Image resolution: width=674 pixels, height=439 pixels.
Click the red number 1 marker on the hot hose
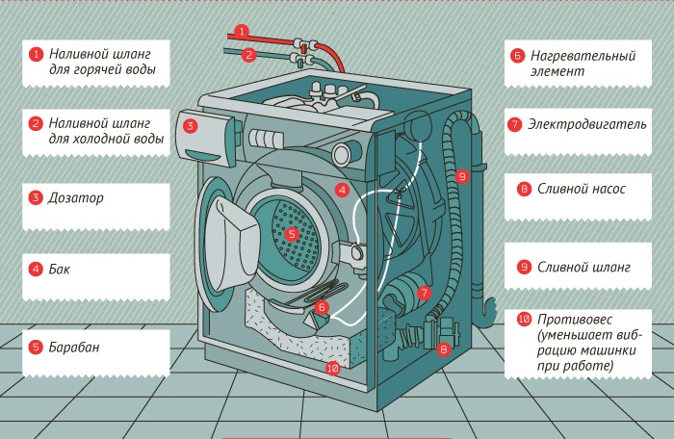[x=242, y=31]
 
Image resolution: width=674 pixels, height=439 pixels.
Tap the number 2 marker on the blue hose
[x=248, y=55]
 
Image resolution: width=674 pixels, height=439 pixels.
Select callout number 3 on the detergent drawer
[x=191, y=125]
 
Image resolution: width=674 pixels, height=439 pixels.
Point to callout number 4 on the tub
[x=342, y=190]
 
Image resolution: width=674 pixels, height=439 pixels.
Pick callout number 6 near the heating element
[x=323, y=307]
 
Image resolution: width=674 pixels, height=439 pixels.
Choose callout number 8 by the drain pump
[x=444, y=349]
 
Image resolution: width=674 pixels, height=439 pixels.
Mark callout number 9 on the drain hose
[x=462, y=176]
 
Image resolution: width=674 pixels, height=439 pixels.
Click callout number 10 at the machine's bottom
[x=333, y=368]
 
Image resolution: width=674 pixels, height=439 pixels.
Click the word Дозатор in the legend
[x=78, y=198]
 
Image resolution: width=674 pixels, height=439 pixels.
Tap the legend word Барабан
[x=76, y=347]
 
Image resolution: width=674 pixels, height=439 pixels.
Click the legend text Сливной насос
[x=581, y=190]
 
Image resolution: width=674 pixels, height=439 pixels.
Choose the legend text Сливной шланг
[x=583, y=267]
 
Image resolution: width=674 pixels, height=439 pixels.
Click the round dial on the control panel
[x=343, y=154]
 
